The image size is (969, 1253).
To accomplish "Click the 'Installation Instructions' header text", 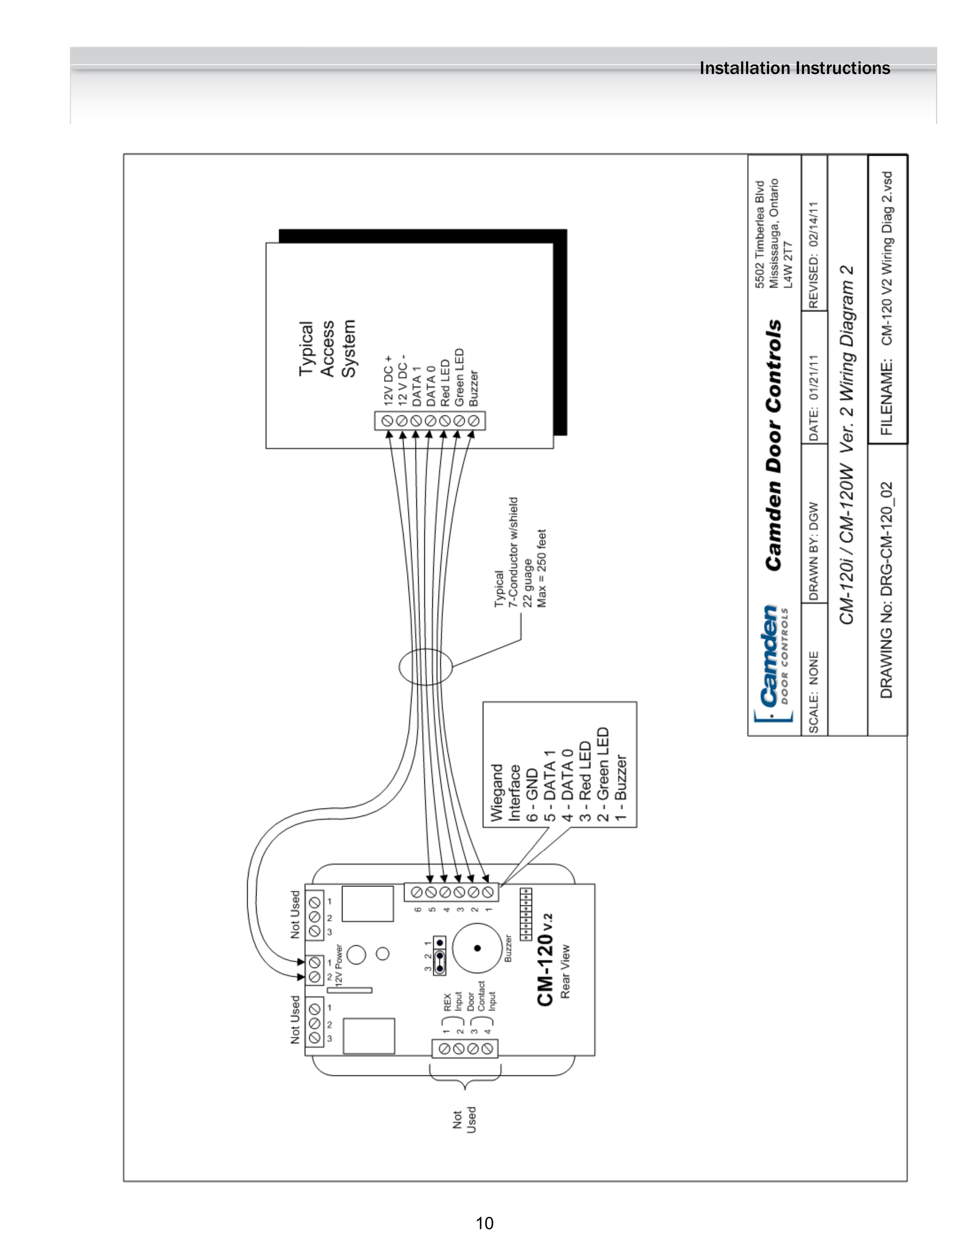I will coord(795,68).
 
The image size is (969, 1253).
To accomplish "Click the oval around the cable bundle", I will coord(425,667).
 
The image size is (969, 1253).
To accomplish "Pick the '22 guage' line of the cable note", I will coord(528,584).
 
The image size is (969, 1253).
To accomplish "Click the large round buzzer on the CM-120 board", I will coord(477,948).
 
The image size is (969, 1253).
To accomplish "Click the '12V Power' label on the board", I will coord(339,964).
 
